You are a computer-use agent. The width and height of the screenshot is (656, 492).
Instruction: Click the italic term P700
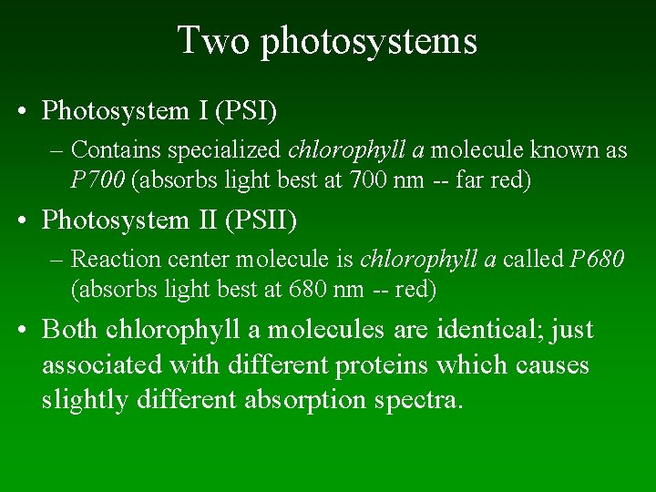point(98,180)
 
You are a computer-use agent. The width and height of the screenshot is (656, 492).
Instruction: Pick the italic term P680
point(597,260)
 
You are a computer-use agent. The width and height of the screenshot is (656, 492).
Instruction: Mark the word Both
point(71,329)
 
